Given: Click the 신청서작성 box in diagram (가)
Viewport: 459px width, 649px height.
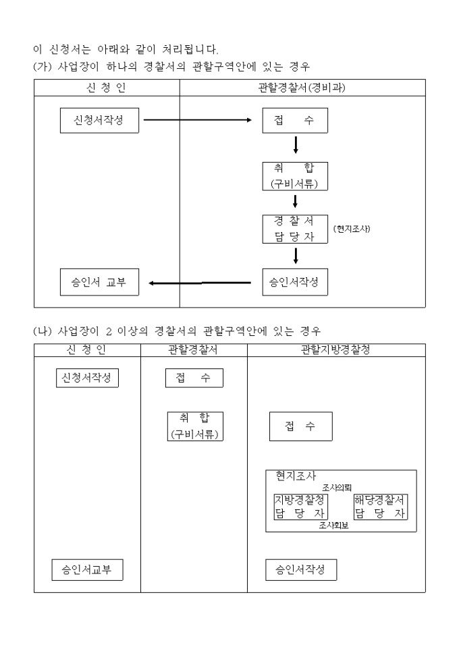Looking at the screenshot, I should point(98,121).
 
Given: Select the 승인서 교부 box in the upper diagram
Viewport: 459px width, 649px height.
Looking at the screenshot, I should point(98,282).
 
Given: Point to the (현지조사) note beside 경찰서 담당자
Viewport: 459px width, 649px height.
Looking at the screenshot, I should point(352,229).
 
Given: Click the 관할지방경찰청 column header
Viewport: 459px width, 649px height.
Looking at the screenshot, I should point(336,349).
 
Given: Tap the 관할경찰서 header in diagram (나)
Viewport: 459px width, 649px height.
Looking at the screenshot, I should point(194,349).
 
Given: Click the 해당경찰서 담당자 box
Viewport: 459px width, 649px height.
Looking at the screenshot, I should point(381,507).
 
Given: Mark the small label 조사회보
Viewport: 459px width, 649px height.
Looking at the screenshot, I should point(333,526).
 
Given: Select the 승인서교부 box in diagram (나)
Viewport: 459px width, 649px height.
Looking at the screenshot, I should point(88,570).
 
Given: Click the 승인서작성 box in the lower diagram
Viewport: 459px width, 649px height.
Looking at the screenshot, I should point(300,570).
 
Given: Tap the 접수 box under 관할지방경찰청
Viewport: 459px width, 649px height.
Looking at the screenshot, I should point(300,426).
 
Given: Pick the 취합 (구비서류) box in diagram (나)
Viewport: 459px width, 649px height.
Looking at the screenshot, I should point(196,426).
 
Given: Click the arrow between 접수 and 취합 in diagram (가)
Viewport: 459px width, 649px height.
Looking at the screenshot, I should point(296,146).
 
